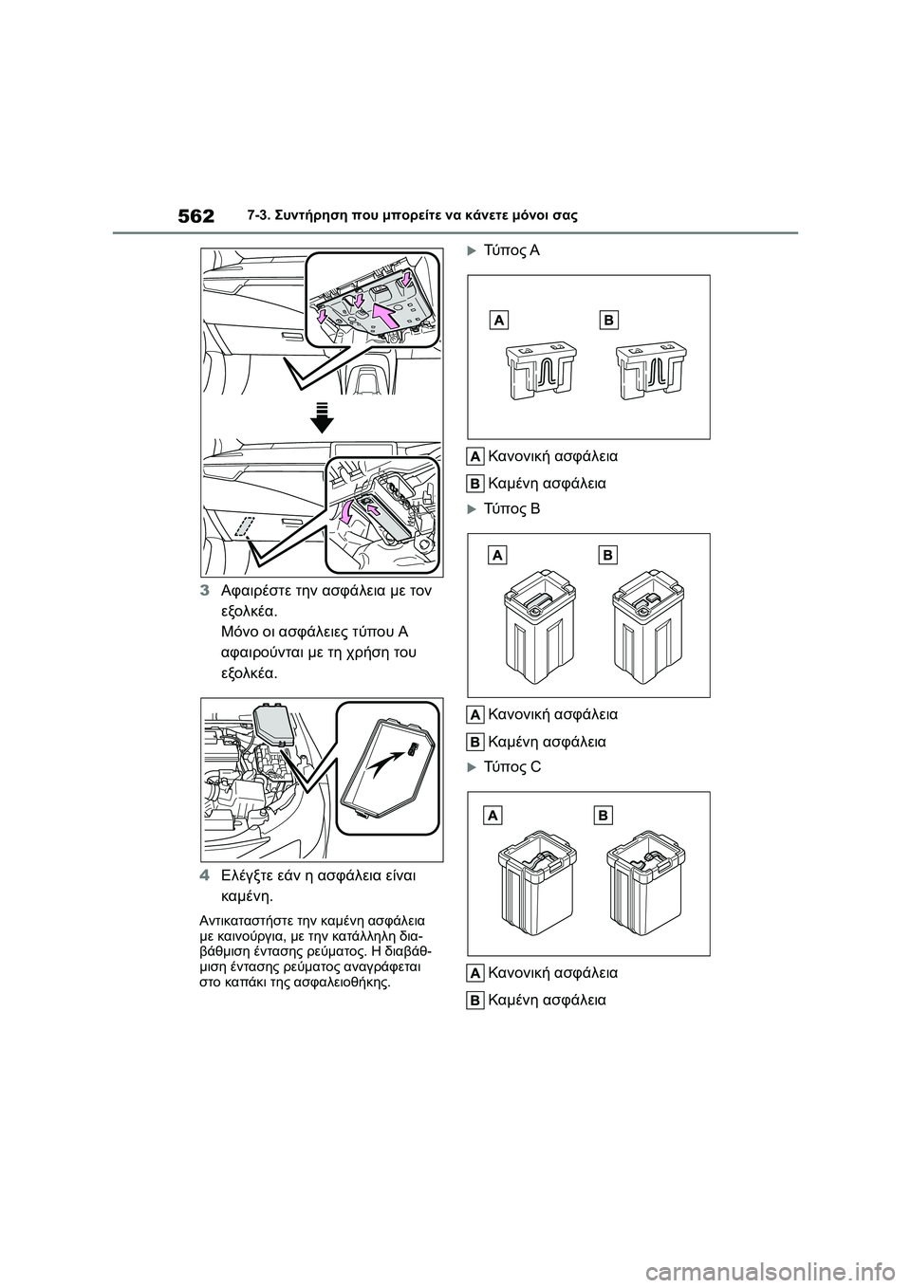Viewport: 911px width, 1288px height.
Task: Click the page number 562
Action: pos(195,216)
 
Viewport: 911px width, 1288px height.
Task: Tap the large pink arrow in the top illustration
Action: pos(385,318)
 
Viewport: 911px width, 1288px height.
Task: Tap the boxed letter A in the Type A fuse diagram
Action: pos(499,320)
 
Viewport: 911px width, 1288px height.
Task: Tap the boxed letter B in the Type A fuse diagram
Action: pos(609,320)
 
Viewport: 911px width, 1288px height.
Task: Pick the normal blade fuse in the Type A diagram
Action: pos(541,372)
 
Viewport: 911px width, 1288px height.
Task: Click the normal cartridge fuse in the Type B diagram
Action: pos(540,627)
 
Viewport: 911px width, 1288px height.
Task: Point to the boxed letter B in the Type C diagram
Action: pos(604,816)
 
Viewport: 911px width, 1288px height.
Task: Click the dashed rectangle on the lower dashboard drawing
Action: pos(245,526)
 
